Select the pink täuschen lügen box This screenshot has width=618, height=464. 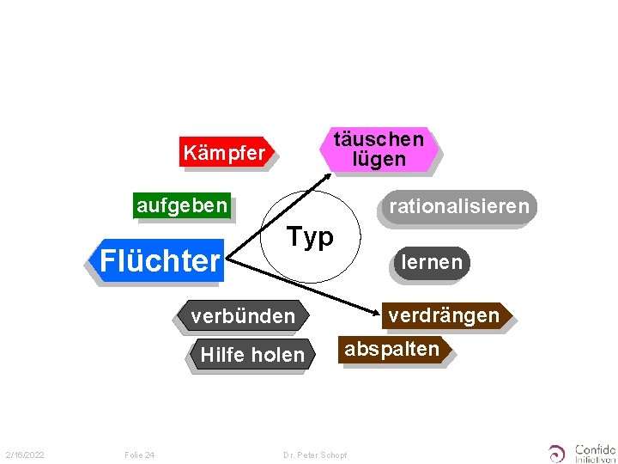click(x=378, y=149)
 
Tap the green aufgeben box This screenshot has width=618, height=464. click(x=182, y=205)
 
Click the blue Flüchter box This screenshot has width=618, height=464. click(x=160, y=259)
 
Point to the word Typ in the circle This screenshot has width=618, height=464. click(x=310, y=236)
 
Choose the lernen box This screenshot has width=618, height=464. click(x=432, y=262)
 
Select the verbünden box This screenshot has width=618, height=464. click(x=243, y=316)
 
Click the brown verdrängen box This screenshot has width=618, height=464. click(x=445, y=315)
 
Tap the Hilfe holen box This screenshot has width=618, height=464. click(x=251, y=354)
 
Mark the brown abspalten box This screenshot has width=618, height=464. click(x=392, y=349)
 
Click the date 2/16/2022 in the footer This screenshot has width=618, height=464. click(x=25, y=455)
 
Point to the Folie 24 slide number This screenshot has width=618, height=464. click(x=139, y=455)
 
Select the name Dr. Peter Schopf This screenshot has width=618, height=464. click(x=315, y=455)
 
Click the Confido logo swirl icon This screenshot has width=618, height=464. click(x=558, y=453)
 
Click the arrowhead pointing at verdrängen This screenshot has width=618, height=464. click(x=376, y=309)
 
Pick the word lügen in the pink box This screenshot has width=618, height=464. click(x=379, y=159)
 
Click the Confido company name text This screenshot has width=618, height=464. click(x=595, y=449)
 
